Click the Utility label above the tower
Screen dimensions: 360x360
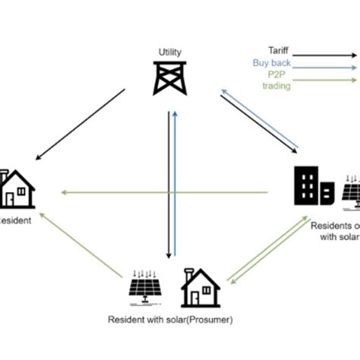click(x=169, y=52)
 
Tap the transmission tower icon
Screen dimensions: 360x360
click(x=169, y=78)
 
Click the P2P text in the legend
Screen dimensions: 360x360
click(x=275, y=75)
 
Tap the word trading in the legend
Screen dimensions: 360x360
click(x=276, y=86)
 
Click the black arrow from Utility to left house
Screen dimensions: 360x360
click(x=80, y=125)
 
